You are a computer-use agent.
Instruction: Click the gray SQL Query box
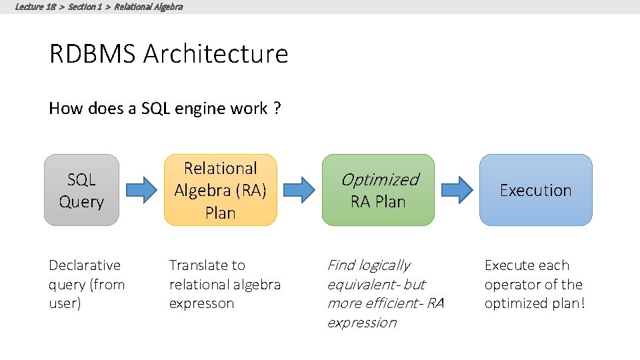pyautogui.click(x=81, y=190)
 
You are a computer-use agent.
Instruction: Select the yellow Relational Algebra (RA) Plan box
pyautogui.click(x=220, y=190)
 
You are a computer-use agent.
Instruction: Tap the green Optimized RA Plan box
pyautogui.click(x=378, y=190)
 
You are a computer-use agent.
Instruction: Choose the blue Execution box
pyautogui.click(x=535, y=190)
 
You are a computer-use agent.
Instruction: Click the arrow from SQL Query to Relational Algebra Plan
pyautogui.click(x=141, y=190)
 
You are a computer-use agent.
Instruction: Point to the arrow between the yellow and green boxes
pyautogui.click(x=299, y=190)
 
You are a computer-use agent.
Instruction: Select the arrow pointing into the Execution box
pyautogui.click(x=457, y=190)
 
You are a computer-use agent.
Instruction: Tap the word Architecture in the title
pyautogui.click(x=215, y=54)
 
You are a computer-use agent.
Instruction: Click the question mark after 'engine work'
pyautogui.click(x=277, y=109)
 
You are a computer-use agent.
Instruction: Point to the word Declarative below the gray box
pyautogui.click(x=85, y=265)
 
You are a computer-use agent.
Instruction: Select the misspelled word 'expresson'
pyautogui.click(x=201, y=304)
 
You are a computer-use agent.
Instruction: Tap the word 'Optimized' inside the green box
pyautogui.click(x=379, y=179)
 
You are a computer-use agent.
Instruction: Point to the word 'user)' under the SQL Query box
pyautogui.click(x=65, y=304)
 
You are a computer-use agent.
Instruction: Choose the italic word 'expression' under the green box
pyautogui.click(x=361, y=323)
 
